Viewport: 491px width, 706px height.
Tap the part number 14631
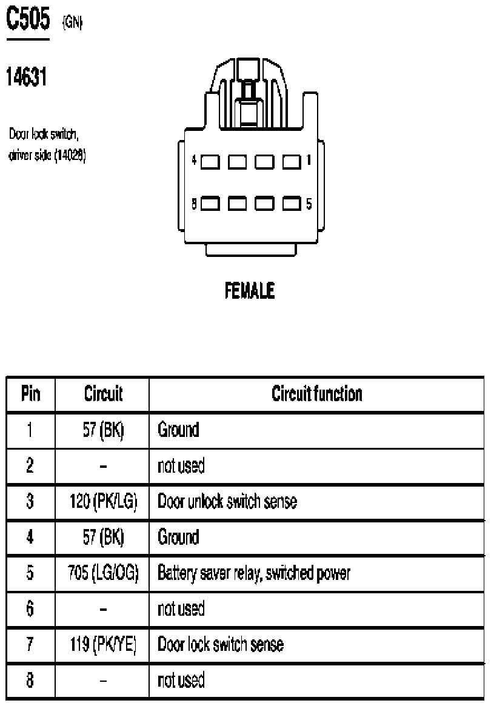coord(27,76)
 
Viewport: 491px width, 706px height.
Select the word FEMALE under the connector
coord(250,290)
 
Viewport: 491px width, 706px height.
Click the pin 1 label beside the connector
coord(309,160)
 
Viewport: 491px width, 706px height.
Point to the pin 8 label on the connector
coord(194,204)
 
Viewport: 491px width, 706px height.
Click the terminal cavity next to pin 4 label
coord(210,162)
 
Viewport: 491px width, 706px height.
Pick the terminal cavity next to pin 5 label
coord(292,204)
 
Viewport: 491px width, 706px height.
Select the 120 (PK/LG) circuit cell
coord(103,501)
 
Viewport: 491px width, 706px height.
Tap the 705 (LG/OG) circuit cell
coord(103,573)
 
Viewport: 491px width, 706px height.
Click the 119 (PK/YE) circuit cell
coord(103,644)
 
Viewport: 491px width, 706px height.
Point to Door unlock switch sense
coord(227,501)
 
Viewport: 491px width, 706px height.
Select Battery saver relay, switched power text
coord(254,573)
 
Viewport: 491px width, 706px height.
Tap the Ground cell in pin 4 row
coord(178,537)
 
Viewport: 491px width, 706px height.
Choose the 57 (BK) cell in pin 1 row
coord(103,430)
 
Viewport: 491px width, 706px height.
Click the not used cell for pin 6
coord(181,609)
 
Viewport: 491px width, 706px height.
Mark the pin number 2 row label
coord(30,465)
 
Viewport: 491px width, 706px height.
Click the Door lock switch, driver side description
coord(47,144)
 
